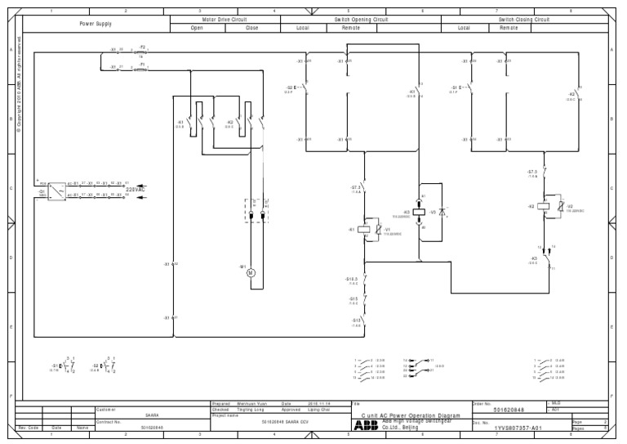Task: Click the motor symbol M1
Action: [x=251, y=272]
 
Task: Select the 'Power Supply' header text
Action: [x=96, y=24]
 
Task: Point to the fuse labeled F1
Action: [x=141, y=69]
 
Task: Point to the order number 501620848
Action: [x=509, y=410]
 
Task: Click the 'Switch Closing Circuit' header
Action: [x=524, y=19]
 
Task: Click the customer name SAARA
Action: [x=152, y=415]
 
